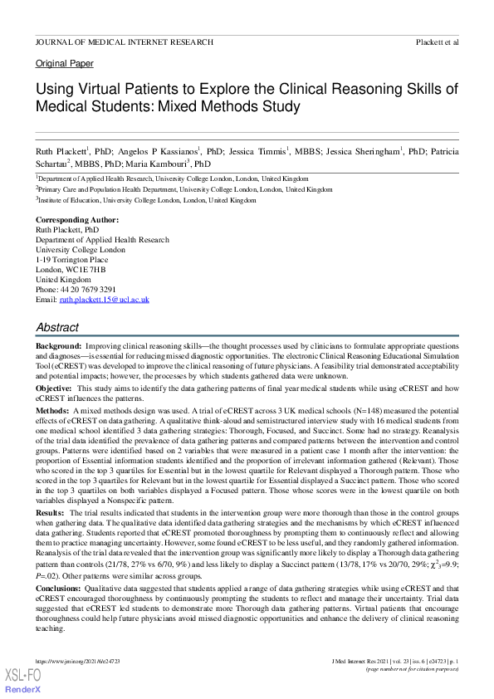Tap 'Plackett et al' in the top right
[437, 41]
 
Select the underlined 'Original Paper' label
[65, 64]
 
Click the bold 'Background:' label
[58, 345]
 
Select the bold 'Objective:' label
[55, 389]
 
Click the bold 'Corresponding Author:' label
[77, 219]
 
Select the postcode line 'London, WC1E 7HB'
[71, 269]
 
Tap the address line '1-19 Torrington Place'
[71, 259]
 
